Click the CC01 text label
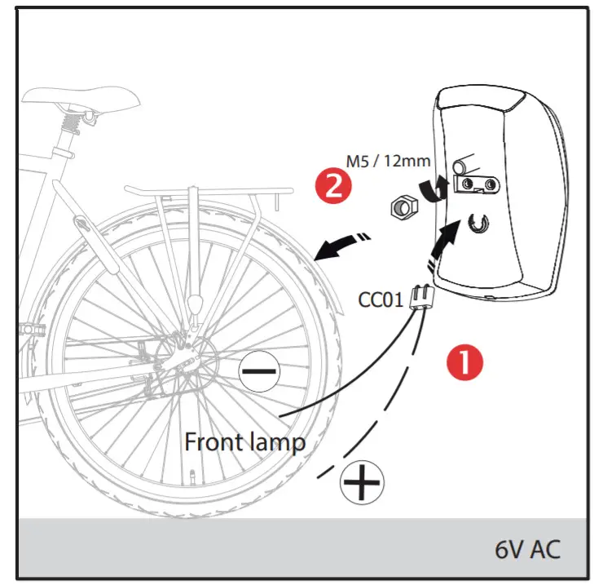coord(381,299)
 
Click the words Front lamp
coord(244,442)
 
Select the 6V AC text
coord(529,548)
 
